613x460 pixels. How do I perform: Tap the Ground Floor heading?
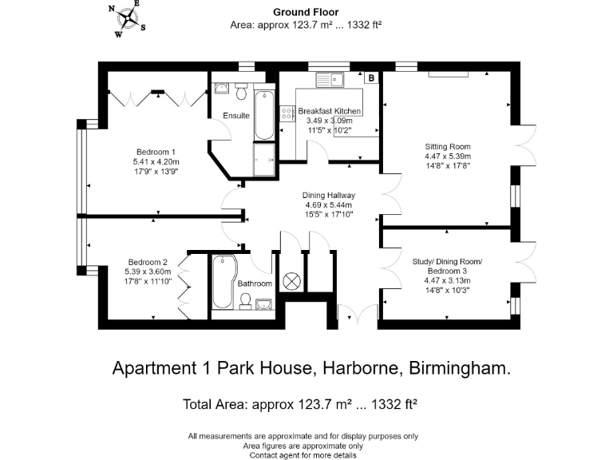pyautogui.click(x=306, y=12)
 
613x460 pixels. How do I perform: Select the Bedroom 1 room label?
pyautogui.click(x=156, y=152)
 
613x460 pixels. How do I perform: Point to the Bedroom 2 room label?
pyautogui.click(x=147, y=262)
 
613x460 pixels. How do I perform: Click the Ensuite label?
pyautogui.click(x=236, y=116)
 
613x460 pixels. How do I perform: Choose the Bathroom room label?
pyautogui.click(x=255, y=284)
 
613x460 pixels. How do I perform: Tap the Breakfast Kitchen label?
pyautogui.click(x=330, y=111)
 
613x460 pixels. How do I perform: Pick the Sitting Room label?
pyautogui.click(x=448, y=146)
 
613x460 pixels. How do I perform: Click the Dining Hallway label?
pyautogui.click(x=328, y=195)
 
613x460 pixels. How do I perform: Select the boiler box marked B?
pyautogui.click(x=371, y=78)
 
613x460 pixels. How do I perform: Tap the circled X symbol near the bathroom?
pyautogui.click(x=293, y=281)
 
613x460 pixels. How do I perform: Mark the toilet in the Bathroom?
pyautogui.click(x=247, y=299)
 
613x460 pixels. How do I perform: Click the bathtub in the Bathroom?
pyautogui.click(x=223, y=281)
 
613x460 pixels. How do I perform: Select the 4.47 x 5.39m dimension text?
pyautogui.click(x=448, y=157)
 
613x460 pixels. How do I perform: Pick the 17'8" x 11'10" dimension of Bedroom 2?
pyautogui.click(x=147, y=281)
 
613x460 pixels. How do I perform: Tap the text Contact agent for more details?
pyautogui.click(x=303, y=454)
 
